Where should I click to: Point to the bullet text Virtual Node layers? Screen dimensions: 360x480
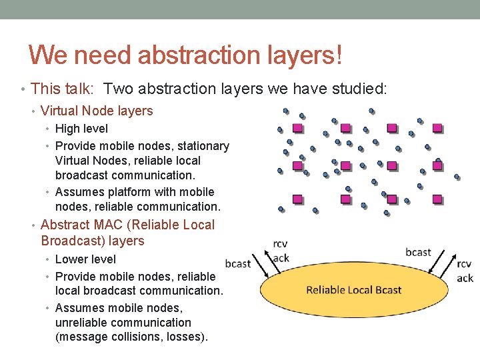click(x=97, y=111)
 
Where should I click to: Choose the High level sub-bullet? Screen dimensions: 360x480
click(x=81, y=129)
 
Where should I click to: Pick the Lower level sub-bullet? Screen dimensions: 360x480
click(x=85, y=259)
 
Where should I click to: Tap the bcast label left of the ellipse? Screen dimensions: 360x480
click(x=238, y=263)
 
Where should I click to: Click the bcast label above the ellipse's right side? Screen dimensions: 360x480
click(x=418, y=252)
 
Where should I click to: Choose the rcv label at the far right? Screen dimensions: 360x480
click(x=465, y=264)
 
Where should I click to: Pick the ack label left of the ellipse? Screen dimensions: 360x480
click(x=281, y=258)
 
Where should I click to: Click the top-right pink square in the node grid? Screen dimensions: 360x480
click(x=437, y=128)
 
